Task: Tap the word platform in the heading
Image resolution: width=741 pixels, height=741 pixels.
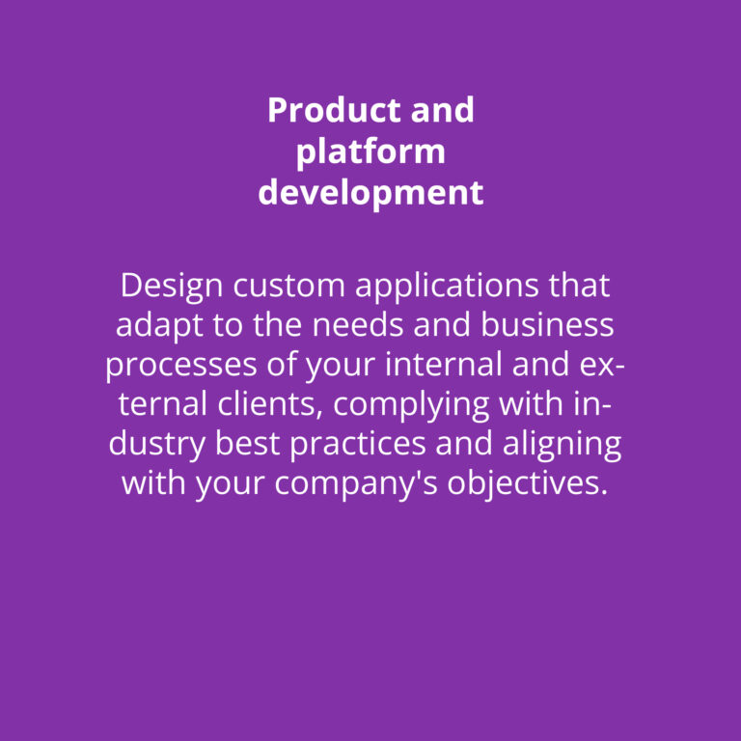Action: pos(370,152)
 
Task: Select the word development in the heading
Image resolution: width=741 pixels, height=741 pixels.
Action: pos(370,192)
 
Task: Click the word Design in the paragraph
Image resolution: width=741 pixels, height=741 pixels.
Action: pos(171,287)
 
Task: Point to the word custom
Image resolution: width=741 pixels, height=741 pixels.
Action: pos(288,287)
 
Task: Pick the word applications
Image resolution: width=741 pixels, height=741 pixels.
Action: pos(447,287)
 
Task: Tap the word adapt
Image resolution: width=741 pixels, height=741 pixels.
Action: pos(160,326)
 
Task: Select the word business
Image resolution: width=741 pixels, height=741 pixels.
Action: pos(547,324)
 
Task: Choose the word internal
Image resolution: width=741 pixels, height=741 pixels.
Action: pos(443,365)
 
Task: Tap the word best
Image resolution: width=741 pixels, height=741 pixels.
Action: pos(247,444)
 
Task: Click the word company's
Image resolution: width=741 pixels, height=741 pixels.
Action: pos(356,485)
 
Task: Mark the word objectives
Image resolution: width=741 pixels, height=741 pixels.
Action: pos(528,485)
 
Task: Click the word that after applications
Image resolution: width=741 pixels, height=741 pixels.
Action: pos(579,286)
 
